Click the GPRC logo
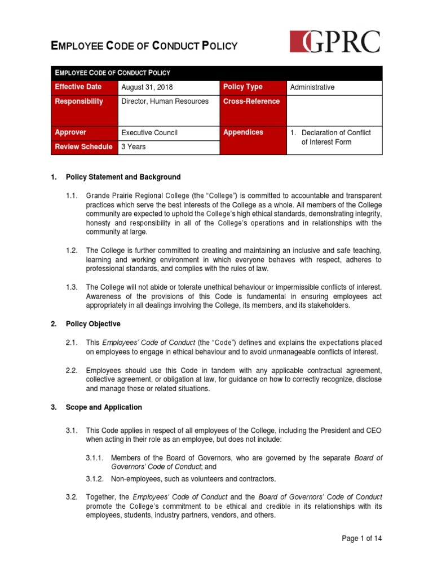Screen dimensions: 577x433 click(335, 42)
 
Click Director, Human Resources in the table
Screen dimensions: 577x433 click(165, 101)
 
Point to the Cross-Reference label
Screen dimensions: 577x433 click(251, 101)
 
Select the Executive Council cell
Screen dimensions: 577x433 click(149, 132)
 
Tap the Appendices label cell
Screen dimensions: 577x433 click(243, 132)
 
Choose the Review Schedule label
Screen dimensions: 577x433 click(83, 147)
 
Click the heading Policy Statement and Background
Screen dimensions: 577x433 click(123, 177)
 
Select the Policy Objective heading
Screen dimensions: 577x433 click(93, 324)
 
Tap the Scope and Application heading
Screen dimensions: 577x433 click(104, 407)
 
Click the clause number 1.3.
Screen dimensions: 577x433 click(71, 287)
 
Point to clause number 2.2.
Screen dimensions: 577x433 click(71, 370)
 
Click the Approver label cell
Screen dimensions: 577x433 click(70, 132)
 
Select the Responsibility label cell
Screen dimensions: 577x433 click(79, 101)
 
